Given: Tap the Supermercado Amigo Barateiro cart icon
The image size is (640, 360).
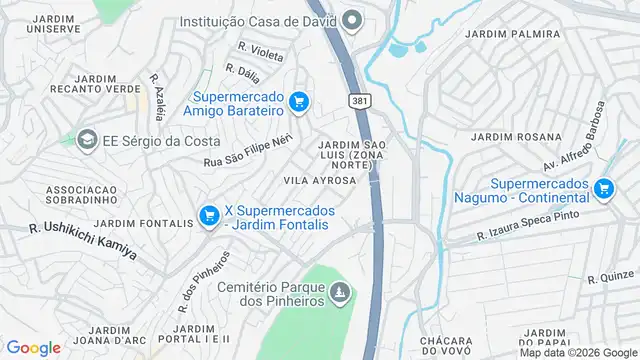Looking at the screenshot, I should tap(298, 101).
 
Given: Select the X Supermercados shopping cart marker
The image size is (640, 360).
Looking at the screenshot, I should tap(209, 215).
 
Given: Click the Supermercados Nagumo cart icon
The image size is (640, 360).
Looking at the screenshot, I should tap(602, 188).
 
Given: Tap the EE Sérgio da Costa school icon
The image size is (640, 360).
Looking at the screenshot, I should tap(88, 140).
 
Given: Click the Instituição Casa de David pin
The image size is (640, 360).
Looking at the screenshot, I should tap(351, 20).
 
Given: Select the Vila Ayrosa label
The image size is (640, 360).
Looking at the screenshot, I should tap(320, 181).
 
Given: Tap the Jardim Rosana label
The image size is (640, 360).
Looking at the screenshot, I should tap(505, 137).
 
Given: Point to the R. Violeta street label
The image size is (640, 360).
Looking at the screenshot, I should tap(260, 50).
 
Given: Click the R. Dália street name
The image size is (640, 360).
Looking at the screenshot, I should tap(243, 72).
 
